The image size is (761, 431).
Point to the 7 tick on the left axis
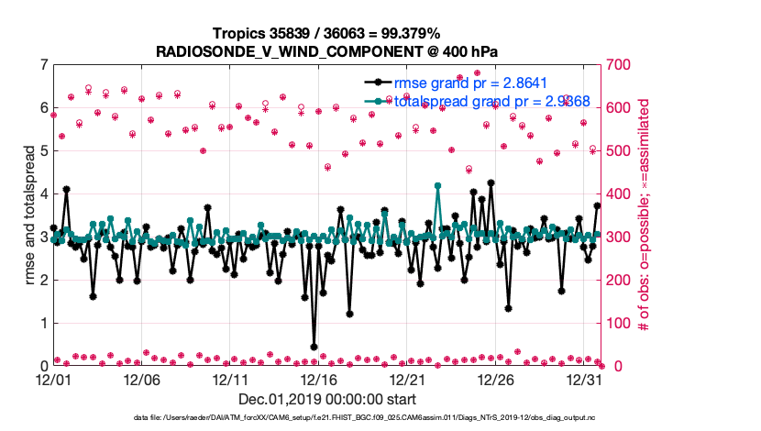click(x=43, y=65)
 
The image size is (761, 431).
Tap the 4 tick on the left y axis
click(x=43, y=194)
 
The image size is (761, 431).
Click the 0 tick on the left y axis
click(x=43, y=367)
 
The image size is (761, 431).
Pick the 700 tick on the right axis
click(x=615, y=65)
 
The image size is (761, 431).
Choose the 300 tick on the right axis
click(x=615, y=238)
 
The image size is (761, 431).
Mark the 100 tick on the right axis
click(x=615, y=324)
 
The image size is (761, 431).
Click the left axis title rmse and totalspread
click(x=29, y=215)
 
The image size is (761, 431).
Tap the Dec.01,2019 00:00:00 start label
click(x=326, y=399)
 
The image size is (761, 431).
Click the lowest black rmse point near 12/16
click(x=314, y=347)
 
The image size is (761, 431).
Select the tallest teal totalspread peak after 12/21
click(x=438, y=186)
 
